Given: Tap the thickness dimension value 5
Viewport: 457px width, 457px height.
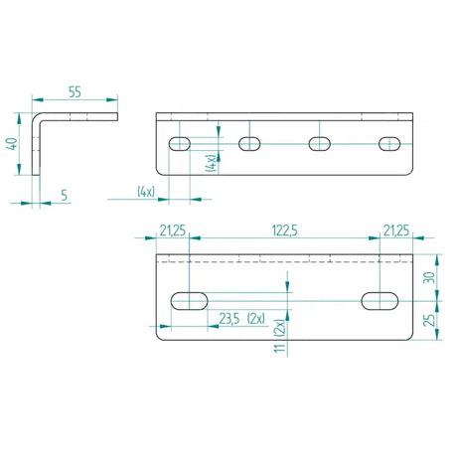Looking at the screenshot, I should tap(63, 196).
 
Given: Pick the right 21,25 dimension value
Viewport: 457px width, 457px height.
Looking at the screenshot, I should tap(396, 231).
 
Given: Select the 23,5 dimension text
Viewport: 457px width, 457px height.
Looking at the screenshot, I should tap(228, 319).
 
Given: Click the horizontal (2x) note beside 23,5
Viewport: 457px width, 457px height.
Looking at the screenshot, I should tap(263, 319).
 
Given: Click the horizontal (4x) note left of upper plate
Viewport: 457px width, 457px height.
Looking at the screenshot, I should tap(146, 192).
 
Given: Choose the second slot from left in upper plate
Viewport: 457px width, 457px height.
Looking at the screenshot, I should tap(249, 144).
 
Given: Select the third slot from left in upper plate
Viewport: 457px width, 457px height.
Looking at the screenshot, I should tap(320, 144).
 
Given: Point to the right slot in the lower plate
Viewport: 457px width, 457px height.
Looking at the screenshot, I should tap(379, 299).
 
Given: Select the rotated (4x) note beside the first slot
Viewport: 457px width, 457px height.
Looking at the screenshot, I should tap(211, 163).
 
